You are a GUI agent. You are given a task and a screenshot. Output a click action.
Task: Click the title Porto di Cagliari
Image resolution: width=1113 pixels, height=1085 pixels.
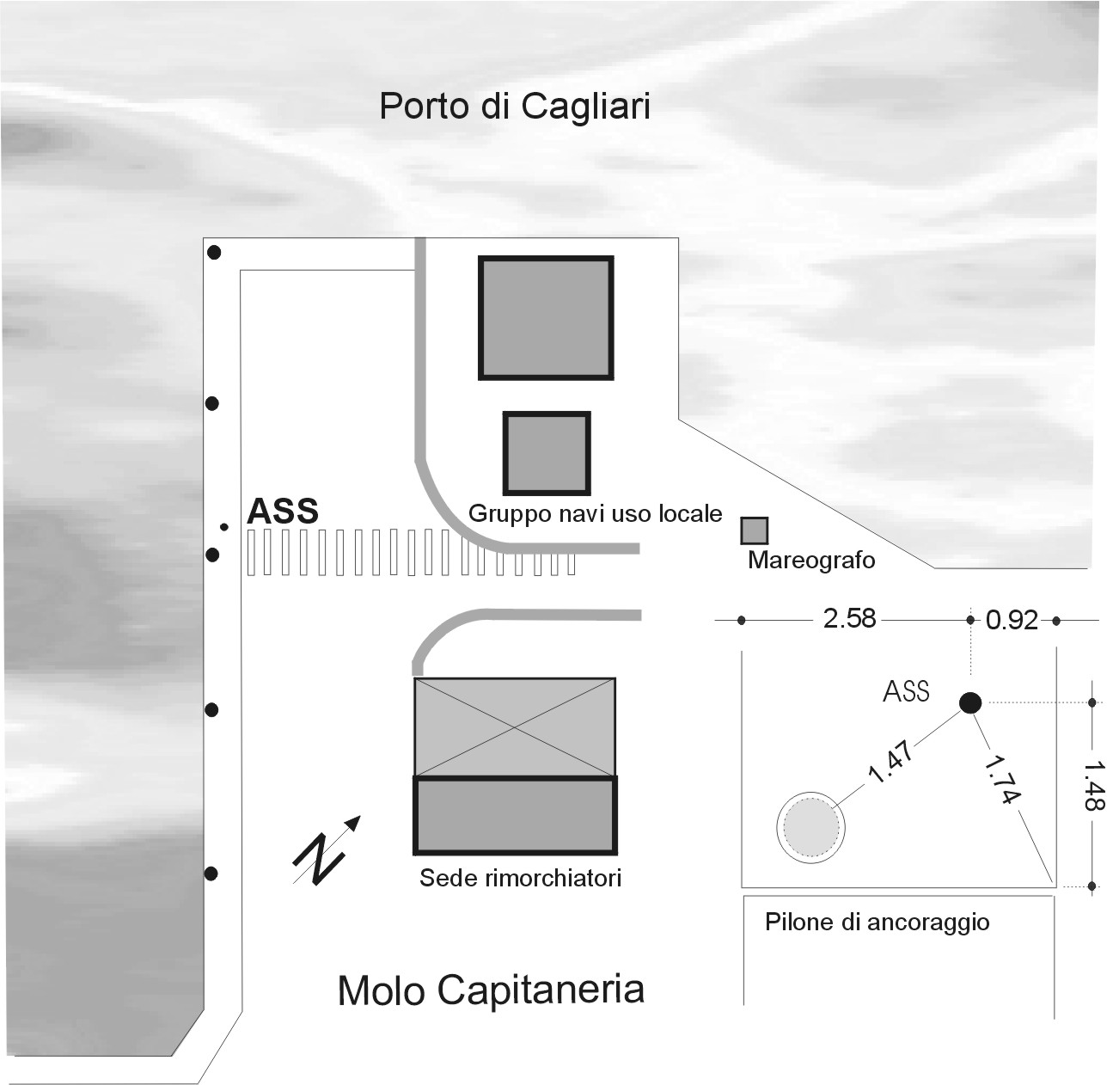[x=515, y=107]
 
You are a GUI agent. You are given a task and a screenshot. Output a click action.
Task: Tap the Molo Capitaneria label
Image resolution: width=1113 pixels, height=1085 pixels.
[x=491, y=990]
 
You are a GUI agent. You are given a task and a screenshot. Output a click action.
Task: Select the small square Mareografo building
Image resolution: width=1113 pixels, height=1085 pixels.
[x=755, y=530]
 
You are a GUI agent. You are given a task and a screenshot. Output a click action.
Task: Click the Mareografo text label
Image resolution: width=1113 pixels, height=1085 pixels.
[x=811, y=561]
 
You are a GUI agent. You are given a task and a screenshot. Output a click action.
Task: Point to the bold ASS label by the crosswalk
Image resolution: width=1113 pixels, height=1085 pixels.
[x=283, y=511]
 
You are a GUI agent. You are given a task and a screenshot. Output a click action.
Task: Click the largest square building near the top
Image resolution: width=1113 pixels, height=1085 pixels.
[x=547, y=317]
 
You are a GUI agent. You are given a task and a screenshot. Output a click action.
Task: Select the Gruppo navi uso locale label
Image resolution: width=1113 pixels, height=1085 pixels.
[x=595, y=514]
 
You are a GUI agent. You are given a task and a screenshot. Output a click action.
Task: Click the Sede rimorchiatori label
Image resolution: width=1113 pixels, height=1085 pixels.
[x=521, y=878]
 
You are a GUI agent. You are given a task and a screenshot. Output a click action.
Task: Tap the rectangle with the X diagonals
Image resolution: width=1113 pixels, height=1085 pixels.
[x=515, y=727]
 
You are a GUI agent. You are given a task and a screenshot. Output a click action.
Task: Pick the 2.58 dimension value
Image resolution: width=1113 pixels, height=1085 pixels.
[x=849, y=619]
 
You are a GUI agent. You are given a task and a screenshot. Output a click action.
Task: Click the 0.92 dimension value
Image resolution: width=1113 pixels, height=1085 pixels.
[x=1012, y=621]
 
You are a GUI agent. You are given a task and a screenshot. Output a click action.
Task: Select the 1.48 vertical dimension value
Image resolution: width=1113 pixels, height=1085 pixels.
[x=1094, y=786]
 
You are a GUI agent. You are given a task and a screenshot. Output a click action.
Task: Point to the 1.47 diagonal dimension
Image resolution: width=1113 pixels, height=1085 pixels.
[x=890, y=762]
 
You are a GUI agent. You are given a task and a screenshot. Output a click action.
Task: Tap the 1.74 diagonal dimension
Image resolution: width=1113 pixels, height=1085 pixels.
[x=1002, y=780]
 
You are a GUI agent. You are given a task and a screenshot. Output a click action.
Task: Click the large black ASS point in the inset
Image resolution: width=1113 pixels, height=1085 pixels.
[x=970, y=702]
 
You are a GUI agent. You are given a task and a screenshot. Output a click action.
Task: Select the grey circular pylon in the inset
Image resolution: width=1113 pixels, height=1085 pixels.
[x=811, y=827]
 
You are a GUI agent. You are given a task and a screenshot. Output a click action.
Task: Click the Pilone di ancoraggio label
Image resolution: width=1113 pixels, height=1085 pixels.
[x=878, y=923]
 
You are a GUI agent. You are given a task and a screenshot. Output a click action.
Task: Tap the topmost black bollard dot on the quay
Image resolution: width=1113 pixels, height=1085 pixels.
[x=214, y=252]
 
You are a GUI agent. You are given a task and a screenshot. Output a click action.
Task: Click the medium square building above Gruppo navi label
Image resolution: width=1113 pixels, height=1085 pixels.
[x=547, y=453]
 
